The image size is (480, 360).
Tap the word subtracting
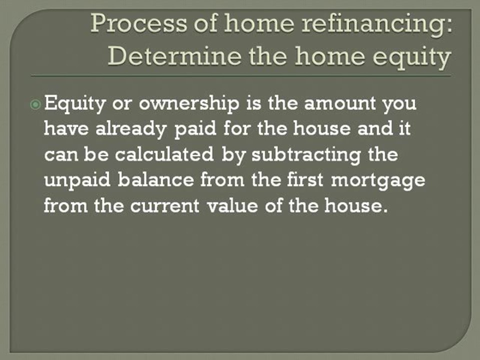pos(307,155)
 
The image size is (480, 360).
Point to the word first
pos(303,179)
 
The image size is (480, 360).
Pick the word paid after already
pos(198,130)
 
